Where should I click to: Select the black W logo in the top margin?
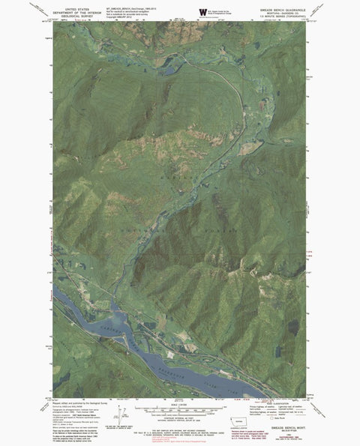point(202,12)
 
